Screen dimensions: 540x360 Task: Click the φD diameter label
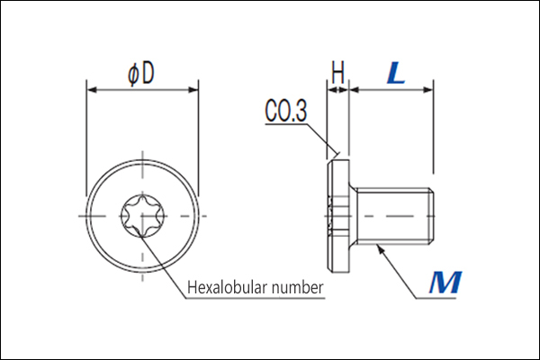pos(141,74)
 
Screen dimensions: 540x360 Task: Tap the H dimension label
pos(337,72)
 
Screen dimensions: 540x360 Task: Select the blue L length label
pos(396,73)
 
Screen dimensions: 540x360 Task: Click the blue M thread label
pos(445,283)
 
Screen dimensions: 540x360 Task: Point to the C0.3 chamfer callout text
pos(285,111)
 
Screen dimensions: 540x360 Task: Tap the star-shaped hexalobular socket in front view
pos(142,216)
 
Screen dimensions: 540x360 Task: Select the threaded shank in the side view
pos(395,216)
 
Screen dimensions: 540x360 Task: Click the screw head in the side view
pos(338,216)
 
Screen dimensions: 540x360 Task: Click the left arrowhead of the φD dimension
pos(92,90)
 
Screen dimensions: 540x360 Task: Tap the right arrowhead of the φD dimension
pos(193,90)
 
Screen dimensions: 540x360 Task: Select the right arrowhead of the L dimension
pos(428,90)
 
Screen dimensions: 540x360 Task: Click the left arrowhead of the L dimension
pos(355,90)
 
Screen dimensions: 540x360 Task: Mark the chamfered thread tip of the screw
pos(431,216)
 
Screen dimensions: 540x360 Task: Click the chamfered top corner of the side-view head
pos(329,163)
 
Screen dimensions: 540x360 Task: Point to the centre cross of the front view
pos(142,216)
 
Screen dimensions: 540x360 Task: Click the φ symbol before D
pos(133,75)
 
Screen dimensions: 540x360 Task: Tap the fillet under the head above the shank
pos(354,188)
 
